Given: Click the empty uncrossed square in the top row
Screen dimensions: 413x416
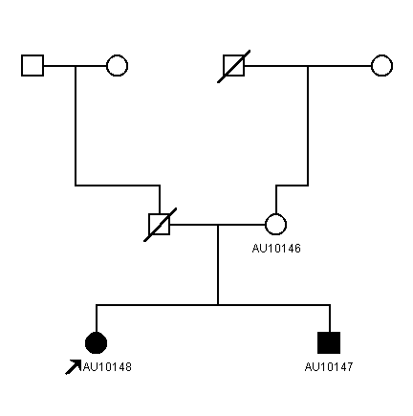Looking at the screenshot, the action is (33, 66).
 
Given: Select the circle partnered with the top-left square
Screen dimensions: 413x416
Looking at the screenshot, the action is (117, 66).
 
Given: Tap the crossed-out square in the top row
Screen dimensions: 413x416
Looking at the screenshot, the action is (234, 66).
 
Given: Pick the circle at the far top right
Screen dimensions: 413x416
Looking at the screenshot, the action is (381, 66).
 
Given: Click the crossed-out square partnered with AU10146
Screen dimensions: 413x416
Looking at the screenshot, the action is (160, 225).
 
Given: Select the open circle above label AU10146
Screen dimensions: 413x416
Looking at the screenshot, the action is (275, 225).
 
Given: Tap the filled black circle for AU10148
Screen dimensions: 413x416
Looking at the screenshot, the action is (96, 343).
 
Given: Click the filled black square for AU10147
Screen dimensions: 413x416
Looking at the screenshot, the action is (329, 343).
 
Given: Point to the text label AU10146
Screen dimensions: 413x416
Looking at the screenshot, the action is (276, 249).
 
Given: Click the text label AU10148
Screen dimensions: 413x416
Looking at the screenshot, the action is (107, 367).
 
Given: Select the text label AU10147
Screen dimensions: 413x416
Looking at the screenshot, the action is (329, 367).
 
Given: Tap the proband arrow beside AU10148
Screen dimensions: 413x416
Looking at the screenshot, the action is (73, 367).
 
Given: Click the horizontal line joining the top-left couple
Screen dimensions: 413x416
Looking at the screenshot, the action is (75, 66).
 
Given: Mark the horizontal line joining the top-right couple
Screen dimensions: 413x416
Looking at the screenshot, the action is (308, 66).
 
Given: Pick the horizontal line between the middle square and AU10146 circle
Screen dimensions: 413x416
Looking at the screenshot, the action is (218, 225).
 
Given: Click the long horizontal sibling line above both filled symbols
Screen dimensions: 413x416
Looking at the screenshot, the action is (213, 305).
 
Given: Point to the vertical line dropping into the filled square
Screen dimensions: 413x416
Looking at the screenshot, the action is (330, 318).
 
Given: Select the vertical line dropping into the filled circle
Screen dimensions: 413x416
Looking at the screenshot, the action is (97, 318).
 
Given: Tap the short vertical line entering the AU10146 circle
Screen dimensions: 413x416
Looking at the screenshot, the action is (276, 200).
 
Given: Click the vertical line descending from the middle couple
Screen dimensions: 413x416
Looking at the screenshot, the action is (218, 265).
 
